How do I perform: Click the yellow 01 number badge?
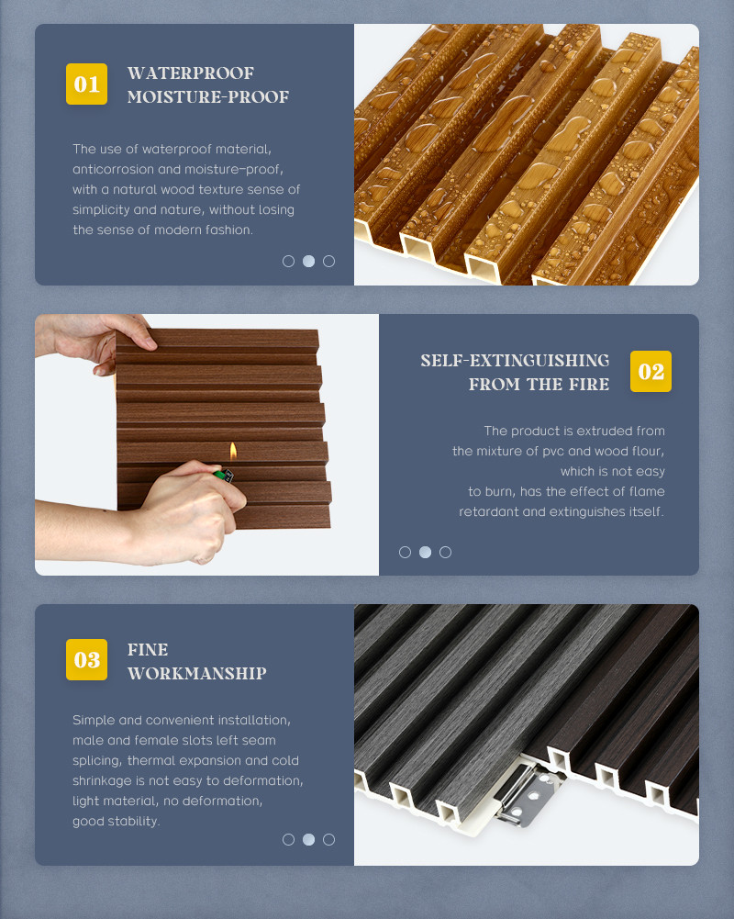click(86, 84)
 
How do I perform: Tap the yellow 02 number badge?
click(651, 371)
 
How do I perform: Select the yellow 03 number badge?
click(86, 659)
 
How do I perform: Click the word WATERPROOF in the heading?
click(191, 73)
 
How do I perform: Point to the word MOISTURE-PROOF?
click(208, 96)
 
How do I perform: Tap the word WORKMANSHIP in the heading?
click(197, 673)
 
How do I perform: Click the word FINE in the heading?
click(148, 649)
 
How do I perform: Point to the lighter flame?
click(233, 451)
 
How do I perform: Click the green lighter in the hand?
click(223, 475)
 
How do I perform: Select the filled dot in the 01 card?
click(308, 261)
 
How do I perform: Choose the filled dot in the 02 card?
click(426, 552)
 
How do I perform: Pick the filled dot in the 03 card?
click(308, 839)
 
